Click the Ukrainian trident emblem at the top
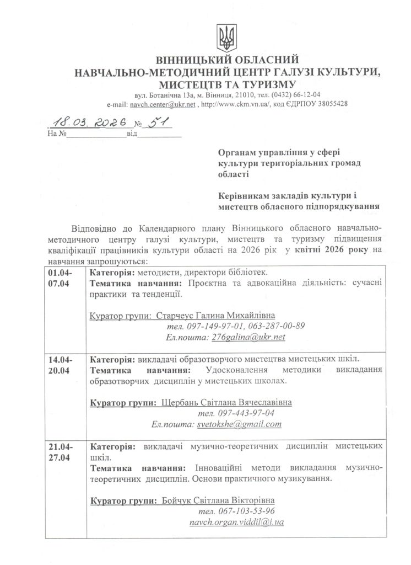226,38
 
